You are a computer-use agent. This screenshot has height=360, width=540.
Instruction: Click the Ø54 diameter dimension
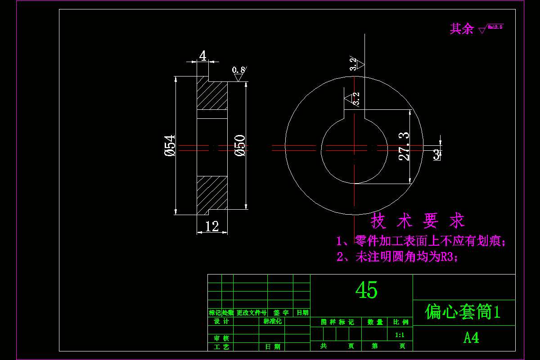170,145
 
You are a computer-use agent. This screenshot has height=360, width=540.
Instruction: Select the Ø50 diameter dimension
240,145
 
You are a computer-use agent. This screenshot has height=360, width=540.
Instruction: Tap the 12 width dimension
211,226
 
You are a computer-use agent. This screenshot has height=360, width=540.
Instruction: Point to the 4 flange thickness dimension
203,56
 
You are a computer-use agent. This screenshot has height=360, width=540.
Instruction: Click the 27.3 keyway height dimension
404,146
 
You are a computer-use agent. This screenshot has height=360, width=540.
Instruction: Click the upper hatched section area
212,95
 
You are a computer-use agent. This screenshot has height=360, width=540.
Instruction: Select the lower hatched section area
212,193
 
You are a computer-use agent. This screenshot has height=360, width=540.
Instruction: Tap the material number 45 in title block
366,290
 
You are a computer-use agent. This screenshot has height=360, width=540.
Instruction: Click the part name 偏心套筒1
463,312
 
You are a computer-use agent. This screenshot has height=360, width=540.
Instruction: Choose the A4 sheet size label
471,338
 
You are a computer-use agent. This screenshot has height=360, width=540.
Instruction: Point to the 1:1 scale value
400,335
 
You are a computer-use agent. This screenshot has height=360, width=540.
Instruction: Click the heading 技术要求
417,221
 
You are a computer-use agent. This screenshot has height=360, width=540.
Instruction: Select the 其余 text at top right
462,29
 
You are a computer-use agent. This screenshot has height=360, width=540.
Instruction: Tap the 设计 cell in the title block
221,321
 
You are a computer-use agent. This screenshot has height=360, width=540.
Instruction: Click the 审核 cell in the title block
221,338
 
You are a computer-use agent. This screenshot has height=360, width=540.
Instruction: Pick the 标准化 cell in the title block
272,321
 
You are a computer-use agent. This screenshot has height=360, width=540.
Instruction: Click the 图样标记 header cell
337,322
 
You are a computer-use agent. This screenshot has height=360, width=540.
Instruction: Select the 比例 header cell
400,322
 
